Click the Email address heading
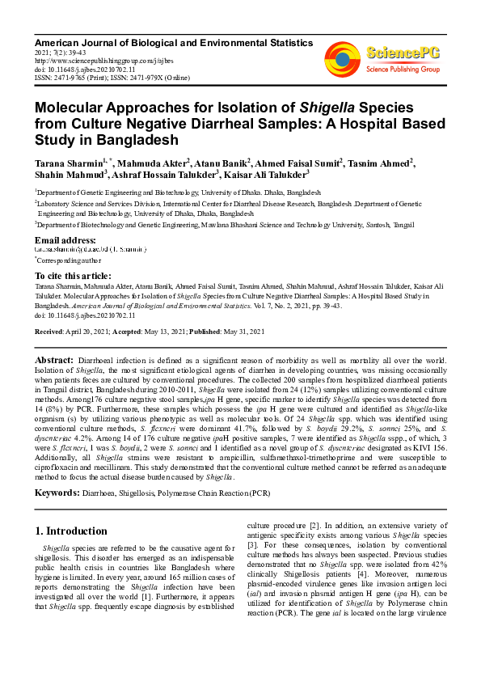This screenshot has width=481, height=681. coord(65,240)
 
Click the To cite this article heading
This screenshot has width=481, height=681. coord(74,276)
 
